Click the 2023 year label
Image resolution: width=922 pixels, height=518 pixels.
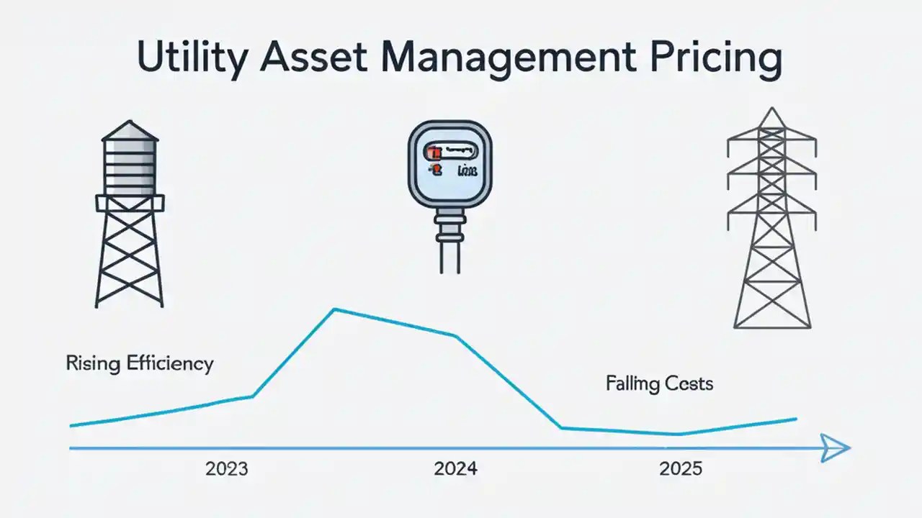coord(226,469)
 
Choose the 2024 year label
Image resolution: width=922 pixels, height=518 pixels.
coord(455,469)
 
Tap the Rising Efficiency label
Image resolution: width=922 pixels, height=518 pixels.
coord(140,363)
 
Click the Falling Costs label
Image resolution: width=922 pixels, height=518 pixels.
coord(659,383)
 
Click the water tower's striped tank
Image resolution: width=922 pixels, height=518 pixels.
coord(129,167)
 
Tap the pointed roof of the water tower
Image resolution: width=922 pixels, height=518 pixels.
coord(129,129)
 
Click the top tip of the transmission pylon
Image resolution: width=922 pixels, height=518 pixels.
coord(772,109)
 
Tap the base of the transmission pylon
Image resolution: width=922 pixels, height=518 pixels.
coord(772,324)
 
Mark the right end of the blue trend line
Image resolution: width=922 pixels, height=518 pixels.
coord(796,419)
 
